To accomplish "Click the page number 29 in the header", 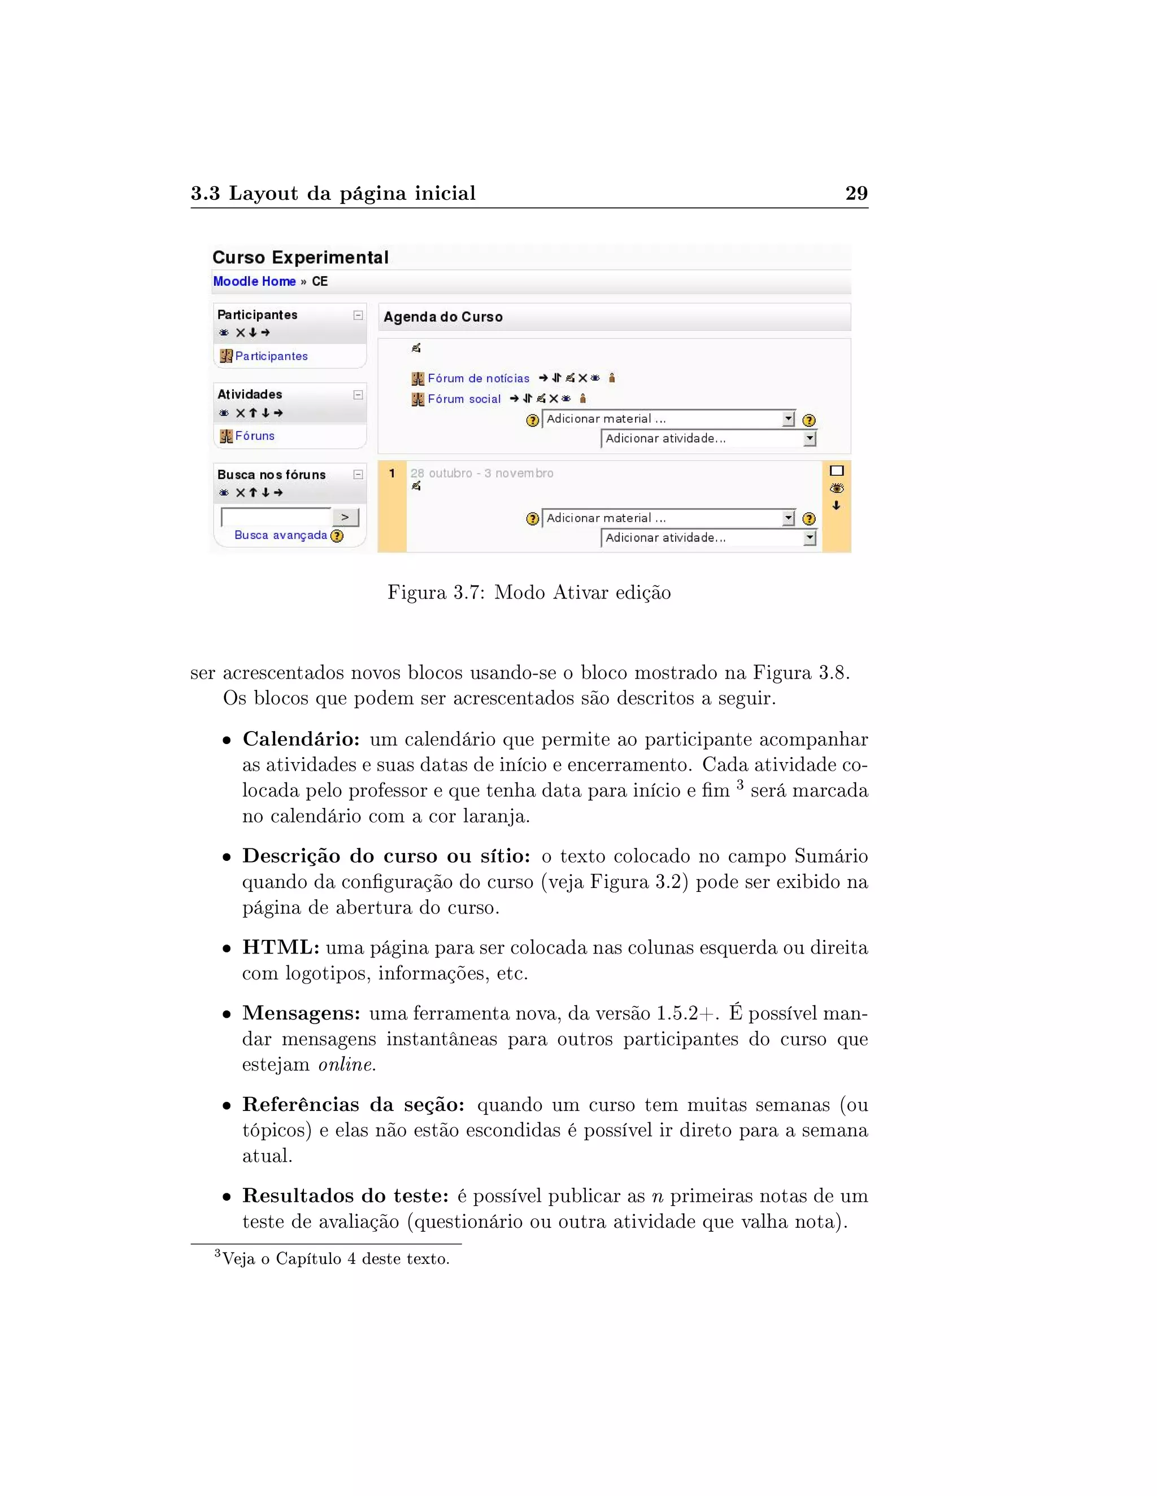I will click(856, 193).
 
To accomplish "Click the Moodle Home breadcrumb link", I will click(254, 282).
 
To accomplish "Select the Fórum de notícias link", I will click(479, 378).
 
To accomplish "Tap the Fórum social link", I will click(464, 399).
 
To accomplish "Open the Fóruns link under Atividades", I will click(254, 436).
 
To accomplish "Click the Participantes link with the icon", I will click(271, 356).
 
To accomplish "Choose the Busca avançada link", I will click(280, 535).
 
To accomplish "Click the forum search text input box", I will click(276, 517).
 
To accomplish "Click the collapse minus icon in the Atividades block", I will click(358, 395).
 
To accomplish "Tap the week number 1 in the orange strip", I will click(392, 473).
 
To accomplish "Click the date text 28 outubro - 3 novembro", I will click(482, 473).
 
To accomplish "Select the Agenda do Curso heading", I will click(443, 317).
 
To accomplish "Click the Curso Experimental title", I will click(300, 257).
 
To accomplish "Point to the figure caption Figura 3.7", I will click(528, 593).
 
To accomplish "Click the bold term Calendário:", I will click(301, 739).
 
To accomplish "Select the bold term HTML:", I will click(280, 947).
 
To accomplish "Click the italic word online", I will click(347, 1065).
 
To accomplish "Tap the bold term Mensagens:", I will click(301, 1013).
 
